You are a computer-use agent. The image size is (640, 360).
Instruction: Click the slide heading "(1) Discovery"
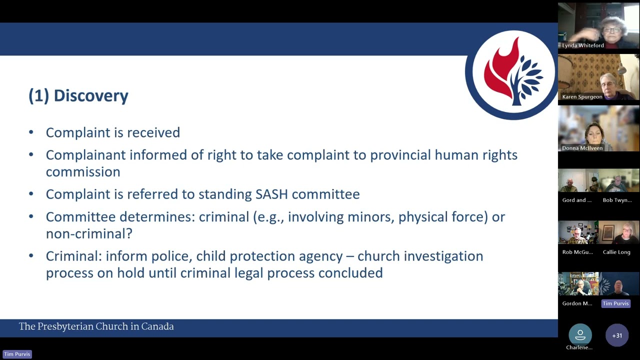click(x=78, y=95)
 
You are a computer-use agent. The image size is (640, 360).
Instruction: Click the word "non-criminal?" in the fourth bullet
click(x=89, y=233)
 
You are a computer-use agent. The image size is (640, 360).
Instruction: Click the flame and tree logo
click(x=511, y=74)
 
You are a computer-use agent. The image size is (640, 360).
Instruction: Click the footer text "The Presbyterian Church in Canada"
click(x=96, y=326)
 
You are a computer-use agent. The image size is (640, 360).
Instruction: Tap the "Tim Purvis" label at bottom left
click(x=17, y=354)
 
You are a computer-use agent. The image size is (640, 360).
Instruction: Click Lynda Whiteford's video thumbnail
click(x=598, y=25)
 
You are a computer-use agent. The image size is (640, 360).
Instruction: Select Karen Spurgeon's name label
click(x=582, y=97)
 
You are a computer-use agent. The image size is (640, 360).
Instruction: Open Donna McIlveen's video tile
click(x=598, y=127)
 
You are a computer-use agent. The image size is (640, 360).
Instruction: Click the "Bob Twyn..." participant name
click(x=617, y=200)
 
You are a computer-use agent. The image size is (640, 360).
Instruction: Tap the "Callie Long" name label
click(x=616, y=252)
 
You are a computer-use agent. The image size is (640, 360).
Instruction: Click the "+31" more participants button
click(x=617, y=335)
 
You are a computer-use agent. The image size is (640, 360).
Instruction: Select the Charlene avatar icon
click(x=579, y=334)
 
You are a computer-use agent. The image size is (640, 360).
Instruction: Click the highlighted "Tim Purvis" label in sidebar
click(x=615, y=303)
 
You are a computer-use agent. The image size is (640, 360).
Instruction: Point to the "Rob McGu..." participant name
click(x=577, y=252)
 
